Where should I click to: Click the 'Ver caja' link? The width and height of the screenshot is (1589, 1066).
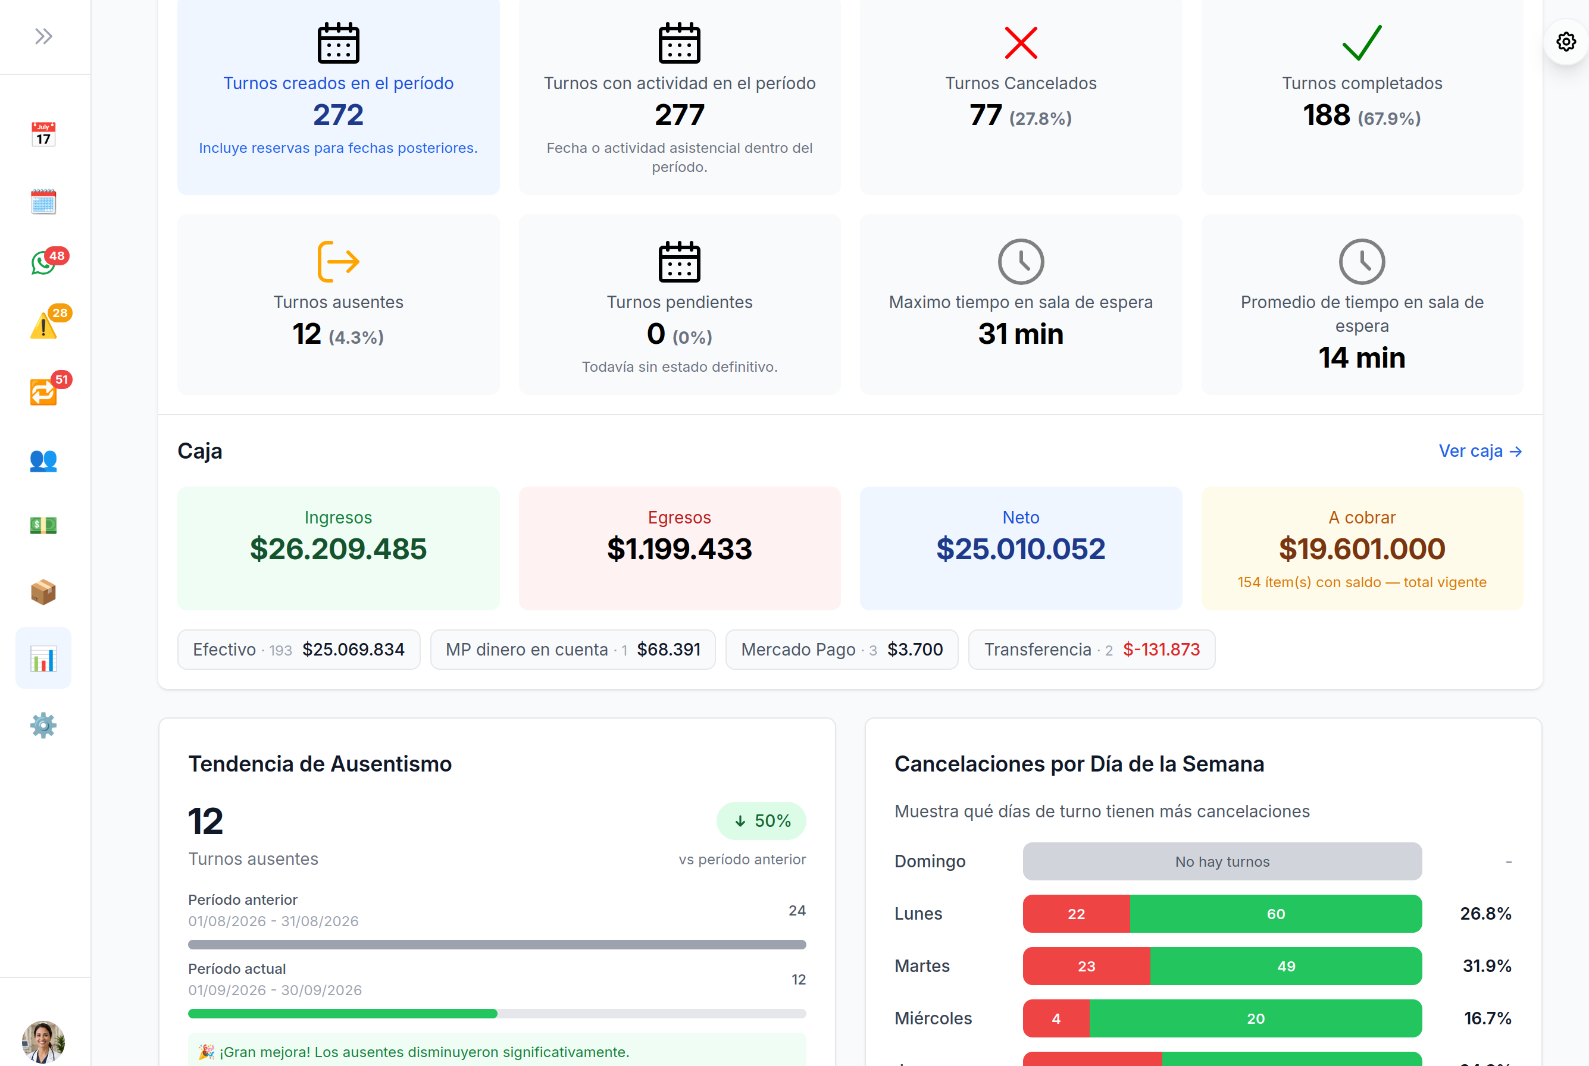(1480, 451)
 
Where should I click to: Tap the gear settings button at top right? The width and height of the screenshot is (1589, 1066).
(1566, 42)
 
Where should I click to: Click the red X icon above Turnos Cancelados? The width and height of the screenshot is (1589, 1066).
(1021, 43)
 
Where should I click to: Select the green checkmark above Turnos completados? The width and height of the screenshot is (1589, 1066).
(1362, 42)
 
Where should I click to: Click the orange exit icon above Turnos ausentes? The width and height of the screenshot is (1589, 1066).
(338, 261)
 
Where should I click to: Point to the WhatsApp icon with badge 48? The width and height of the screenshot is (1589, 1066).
(43, 262)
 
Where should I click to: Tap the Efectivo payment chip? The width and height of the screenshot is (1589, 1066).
(299, 649)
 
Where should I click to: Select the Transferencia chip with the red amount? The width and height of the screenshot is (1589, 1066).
(1091, 649)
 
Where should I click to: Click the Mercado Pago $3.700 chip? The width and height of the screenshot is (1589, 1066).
(842, 649)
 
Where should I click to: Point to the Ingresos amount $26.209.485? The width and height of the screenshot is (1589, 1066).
(338, 548)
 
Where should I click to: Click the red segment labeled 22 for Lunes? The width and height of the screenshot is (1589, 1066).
(1076, 914)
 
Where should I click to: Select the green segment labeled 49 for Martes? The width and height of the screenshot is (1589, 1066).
(1285, 966)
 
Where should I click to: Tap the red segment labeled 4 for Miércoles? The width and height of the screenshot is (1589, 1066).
(1056, 1018)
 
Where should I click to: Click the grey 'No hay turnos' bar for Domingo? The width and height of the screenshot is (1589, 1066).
(1222, 861)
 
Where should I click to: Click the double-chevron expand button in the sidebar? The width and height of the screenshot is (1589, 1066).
(43, 36)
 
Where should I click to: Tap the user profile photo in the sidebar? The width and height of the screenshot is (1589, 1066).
(43, 1041)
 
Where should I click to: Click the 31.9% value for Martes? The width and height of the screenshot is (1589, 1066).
(1487, 966)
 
